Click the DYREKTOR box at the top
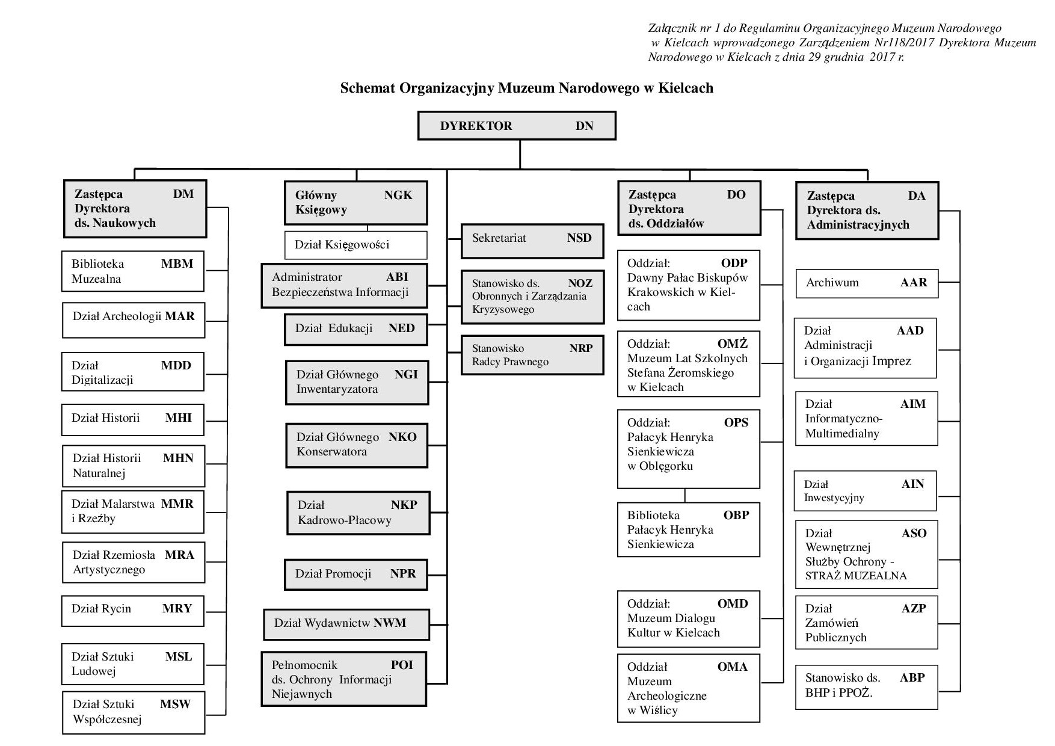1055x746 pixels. tap(517, 126)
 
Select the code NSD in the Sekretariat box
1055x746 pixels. tap(579, 238)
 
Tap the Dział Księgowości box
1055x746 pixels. tap(355, 245)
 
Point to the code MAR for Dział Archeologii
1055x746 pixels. tap(180, 316)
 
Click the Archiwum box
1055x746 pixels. tap(867, 283)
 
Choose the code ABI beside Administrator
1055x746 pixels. tap(397, 277)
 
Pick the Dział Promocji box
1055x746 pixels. tap(355, 574)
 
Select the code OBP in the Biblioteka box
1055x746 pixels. tap(736, 516)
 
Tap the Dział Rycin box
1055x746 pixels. tap(133, 610)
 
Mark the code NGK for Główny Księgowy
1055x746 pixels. tap(398, 196)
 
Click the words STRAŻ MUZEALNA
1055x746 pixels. tap(856, 576)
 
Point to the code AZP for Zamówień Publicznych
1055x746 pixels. tap(913, 609)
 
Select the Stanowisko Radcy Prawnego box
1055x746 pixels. tap(532, 355)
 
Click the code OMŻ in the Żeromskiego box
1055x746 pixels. tap(733, 344)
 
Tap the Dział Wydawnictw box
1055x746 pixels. tap(346, 624)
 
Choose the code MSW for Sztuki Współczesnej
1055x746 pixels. tap(175, 704)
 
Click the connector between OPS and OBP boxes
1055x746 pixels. tap(685, 495)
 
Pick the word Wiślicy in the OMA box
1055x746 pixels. tap(658, 711)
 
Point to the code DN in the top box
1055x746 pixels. tap(584, 126)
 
